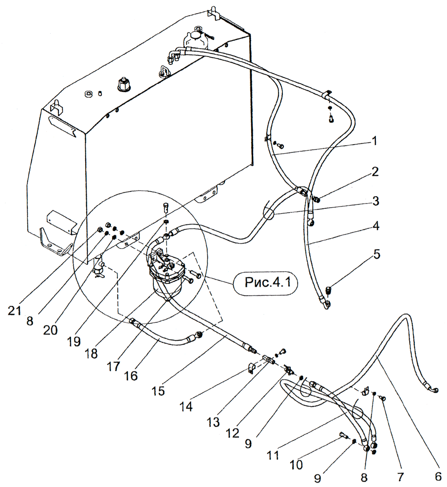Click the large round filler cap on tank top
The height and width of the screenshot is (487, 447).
[123, 86]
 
